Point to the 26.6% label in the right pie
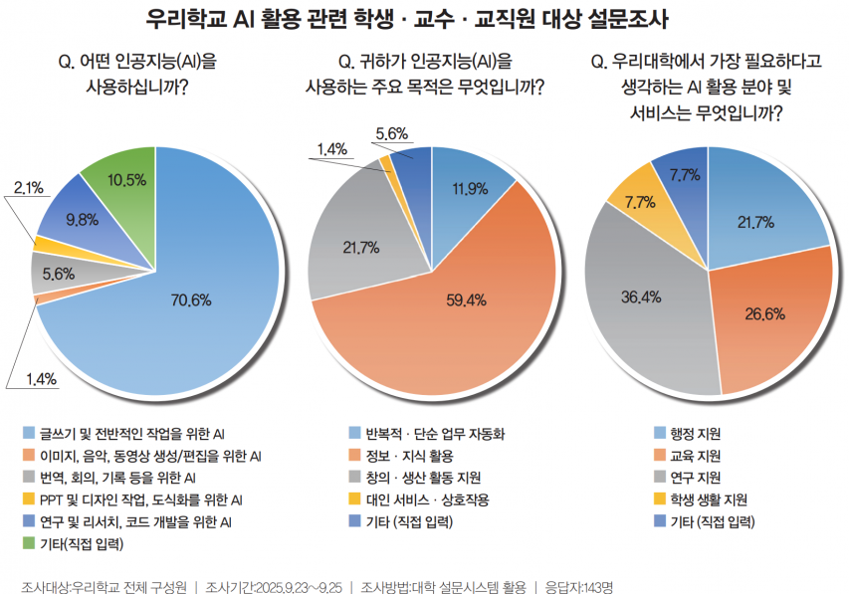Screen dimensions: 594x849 765,314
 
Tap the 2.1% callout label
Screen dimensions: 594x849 28,186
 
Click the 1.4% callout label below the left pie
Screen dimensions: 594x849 41,378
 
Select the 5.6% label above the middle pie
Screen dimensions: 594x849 392,133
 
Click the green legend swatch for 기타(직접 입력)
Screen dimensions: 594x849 27,543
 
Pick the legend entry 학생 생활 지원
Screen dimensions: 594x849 708,499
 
